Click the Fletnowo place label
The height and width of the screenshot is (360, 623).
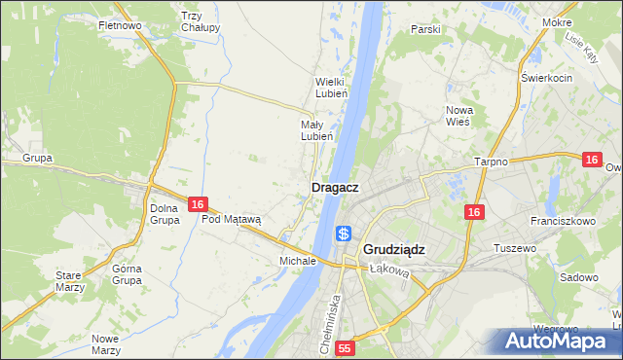click(x=122, y=25)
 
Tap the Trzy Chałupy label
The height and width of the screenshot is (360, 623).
click(x=200, y=20)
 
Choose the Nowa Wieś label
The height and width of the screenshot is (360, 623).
click(x=458, y=116)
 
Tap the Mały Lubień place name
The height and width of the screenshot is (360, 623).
click(x=317, y=130)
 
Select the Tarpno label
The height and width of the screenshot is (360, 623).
click(x=492, y=162)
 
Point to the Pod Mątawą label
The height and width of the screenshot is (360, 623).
click(x=232, y=220)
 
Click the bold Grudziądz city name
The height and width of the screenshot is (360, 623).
click(x=393, y=249)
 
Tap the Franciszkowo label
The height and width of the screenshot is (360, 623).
click(x=564, y=221)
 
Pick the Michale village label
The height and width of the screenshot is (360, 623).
click(x=297, y=261)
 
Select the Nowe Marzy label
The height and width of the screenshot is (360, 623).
click(x=104, y=343)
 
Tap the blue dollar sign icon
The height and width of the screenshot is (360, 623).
click(x=344, y=234)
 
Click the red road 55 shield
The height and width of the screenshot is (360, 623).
click(x=345, y=347)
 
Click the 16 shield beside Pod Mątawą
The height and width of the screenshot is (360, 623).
click(x=198, y=204)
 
